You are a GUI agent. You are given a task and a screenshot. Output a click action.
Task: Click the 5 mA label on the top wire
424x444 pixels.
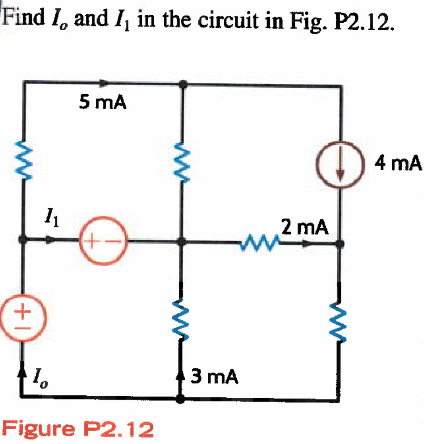click(102, 102)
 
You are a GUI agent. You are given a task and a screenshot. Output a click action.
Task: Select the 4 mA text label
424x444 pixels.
click(398, 163)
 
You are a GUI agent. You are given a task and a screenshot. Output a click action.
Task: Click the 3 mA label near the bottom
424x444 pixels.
click(215, 377)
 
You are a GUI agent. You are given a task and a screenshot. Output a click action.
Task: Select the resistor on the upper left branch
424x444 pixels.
click(23, 162)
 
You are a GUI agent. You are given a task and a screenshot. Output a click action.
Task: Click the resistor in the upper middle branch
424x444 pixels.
click(181, 162)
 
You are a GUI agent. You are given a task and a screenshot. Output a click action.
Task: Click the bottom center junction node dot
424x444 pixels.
click(181, 398)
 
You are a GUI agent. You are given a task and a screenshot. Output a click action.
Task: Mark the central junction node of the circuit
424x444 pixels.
click(181, 242)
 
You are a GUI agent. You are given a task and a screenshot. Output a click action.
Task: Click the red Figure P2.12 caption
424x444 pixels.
click(78, 429)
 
